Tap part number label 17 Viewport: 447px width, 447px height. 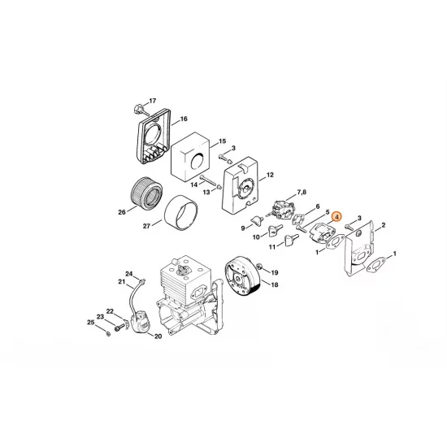[x=152, y=102]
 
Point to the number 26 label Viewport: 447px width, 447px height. [x=122, y=214]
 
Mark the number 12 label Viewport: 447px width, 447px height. [x=270, y=174]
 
